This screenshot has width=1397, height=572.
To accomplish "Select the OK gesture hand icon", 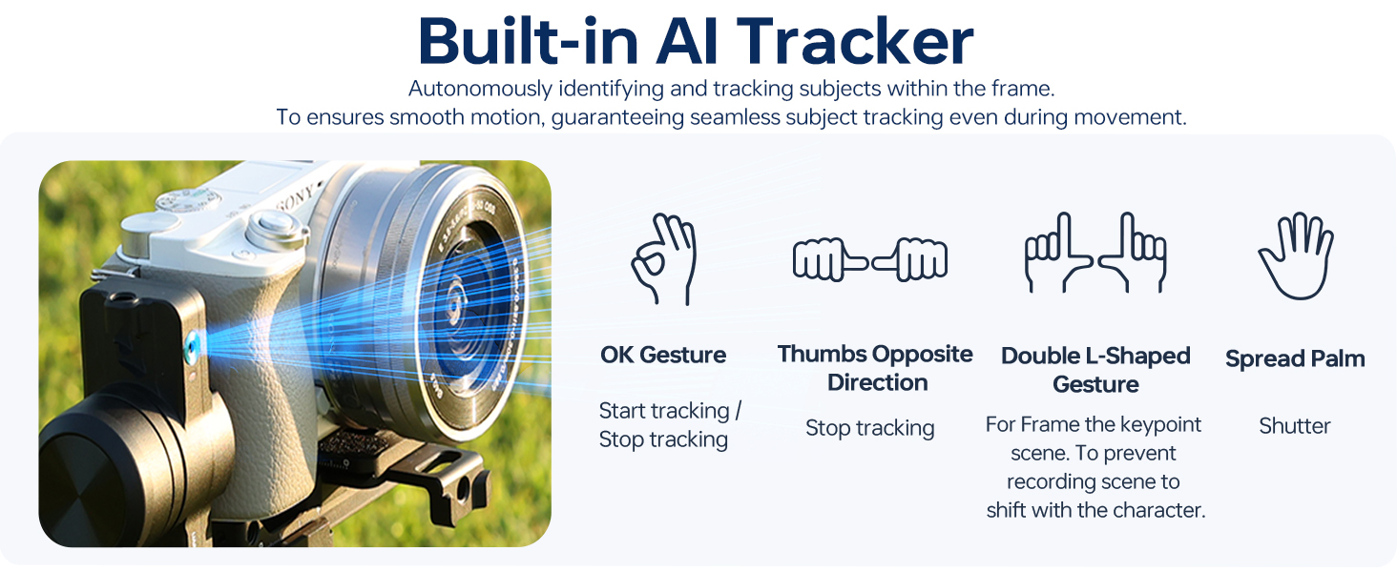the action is [663, 258].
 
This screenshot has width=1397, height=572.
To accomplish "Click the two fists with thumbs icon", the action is [870, 259].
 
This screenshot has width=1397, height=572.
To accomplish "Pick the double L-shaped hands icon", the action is [1095, 253].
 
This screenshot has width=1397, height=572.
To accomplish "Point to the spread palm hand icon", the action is [1296, 256].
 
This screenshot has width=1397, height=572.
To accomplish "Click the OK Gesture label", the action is [663, 356].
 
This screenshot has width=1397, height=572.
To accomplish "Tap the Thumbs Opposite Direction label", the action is [875, 368].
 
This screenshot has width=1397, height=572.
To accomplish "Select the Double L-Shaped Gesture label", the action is [1095, 370].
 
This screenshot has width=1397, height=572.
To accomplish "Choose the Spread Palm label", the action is [1295, 358].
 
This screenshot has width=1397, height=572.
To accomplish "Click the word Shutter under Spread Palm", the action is [1295, 425].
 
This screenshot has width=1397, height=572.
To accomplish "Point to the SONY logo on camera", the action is [296, 198].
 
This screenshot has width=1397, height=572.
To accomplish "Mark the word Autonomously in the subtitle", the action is [480, 89].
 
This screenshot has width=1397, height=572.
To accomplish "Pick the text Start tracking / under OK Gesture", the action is [671, 411].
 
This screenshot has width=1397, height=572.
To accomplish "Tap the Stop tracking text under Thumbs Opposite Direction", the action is [870, 428].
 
